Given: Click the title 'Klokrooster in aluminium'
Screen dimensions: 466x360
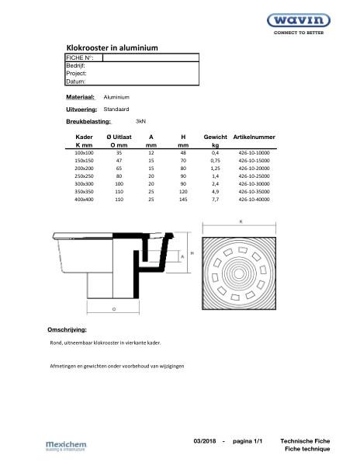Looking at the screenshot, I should point(112,48).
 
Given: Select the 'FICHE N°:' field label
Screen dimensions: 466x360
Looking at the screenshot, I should point(80,58).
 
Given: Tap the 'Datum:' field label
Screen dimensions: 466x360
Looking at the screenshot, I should point(76,81).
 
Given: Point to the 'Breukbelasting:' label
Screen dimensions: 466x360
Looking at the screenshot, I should point(88,123).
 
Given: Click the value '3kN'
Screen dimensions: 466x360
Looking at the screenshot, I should point(141,122).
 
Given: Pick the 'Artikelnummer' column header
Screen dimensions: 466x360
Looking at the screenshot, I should point(254,137).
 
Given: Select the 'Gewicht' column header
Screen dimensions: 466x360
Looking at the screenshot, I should point(215,137).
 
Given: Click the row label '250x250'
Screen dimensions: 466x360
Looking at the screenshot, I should point(83,176).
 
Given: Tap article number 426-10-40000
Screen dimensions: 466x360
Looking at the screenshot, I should point(254,200).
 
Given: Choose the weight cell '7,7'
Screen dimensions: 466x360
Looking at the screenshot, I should point(216,200).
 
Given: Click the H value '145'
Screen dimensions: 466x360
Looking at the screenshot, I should point(182,200).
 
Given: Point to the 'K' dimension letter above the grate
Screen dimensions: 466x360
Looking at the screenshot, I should point(241,222).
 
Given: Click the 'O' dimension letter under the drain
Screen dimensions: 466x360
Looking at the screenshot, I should point(113,308).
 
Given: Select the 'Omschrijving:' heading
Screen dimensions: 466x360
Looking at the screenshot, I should point(67,330).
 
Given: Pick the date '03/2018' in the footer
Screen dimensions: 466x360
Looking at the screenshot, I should point(206,441).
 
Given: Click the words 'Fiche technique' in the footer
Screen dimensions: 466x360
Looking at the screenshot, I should point(307,450).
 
